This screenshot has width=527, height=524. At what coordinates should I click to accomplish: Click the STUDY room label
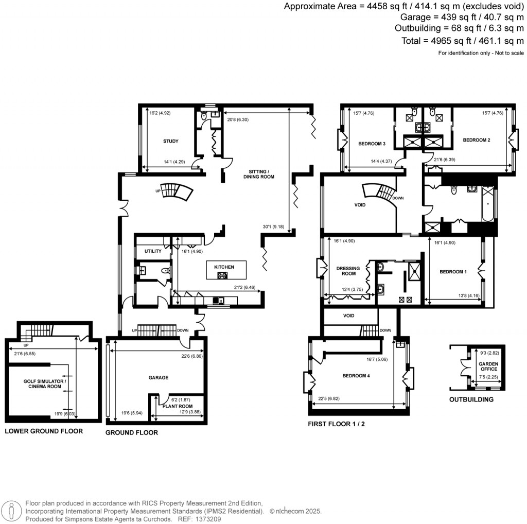click(170, 142)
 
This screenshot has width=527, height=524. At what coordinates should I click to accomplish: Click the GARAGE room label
click(159, 378)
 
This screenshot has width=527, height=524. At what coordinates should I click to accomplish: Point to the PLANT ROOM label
click(178, 406)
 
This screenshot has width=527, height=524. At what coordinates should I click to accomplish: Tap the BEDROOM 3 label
click(372, 144)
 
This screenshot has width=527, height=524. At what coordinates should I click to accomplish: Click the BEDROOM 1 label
click(452, 272)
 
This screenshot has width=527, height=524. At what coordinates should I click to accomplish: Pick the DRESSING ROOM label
click(348, 271)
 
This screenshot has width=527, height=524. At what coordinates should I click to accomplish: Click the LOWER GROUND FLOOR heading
click(44, 431)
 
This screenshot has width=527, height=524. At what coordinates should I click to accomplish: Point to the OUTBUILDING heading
click(471, 399)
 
